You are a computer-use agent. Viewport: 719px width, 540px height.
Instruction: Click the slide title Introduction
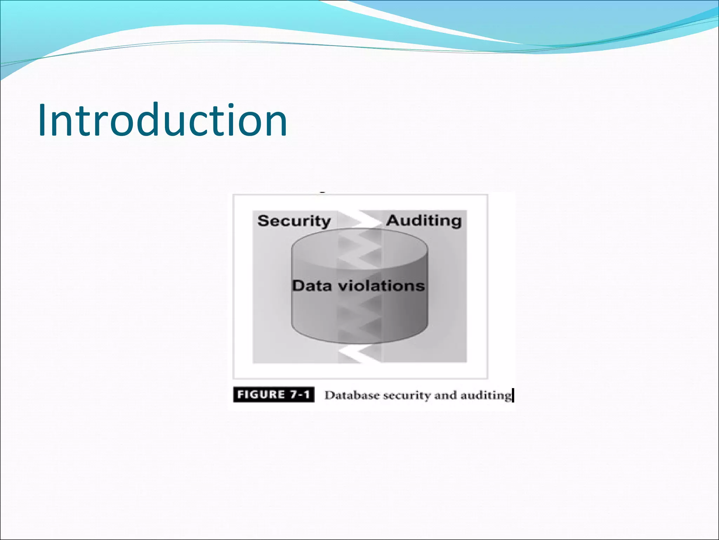pyautogui.click(x=162, y=120)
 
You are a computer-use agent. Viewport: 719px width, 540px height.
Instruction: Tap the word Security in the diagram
pyautogui.click(x=294, y=221)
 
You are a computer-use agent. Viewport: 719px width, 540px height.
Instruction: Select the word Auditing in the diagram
pyautogui.click(x=424, y=220)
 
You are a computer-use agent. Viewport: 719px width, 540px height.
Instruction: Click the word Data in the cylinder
pyautogui.click(x=312, y=285)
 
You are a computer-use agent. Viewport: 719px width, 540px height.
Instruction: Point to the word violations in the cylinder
pyautogui.click(x=381, y=285)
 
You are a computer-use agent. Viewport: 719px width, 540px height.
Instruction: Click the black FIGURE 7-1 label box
pyautogui.click(x=273, y=394)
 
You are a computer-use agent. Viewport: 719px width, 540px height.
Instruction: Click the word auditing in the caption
pyautogui.click(x=486, y=396)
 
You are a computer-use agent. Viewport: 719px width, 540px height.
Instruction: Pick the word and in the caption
pyautogui.click(x=446, y=395)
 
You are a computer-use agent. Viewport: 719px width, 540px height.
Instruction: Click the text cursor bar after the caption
pyautogui.click(x=513, y=395)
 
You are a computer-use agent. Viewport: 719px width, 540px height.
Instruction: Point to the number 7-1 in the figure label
pyautogui.click(x=299, y=394)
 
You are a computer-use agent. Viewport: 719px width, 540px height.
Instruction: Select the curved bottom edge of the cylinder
pyautogui.click(x=359, y=342)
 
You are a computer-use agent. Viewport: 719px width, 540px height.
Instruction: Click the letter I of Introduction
pyautogui.click(x=42, y=120)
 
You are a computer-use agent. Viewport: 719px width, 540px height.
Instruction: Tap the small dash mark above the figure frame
pyautogui.click(x=322, y=192)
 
